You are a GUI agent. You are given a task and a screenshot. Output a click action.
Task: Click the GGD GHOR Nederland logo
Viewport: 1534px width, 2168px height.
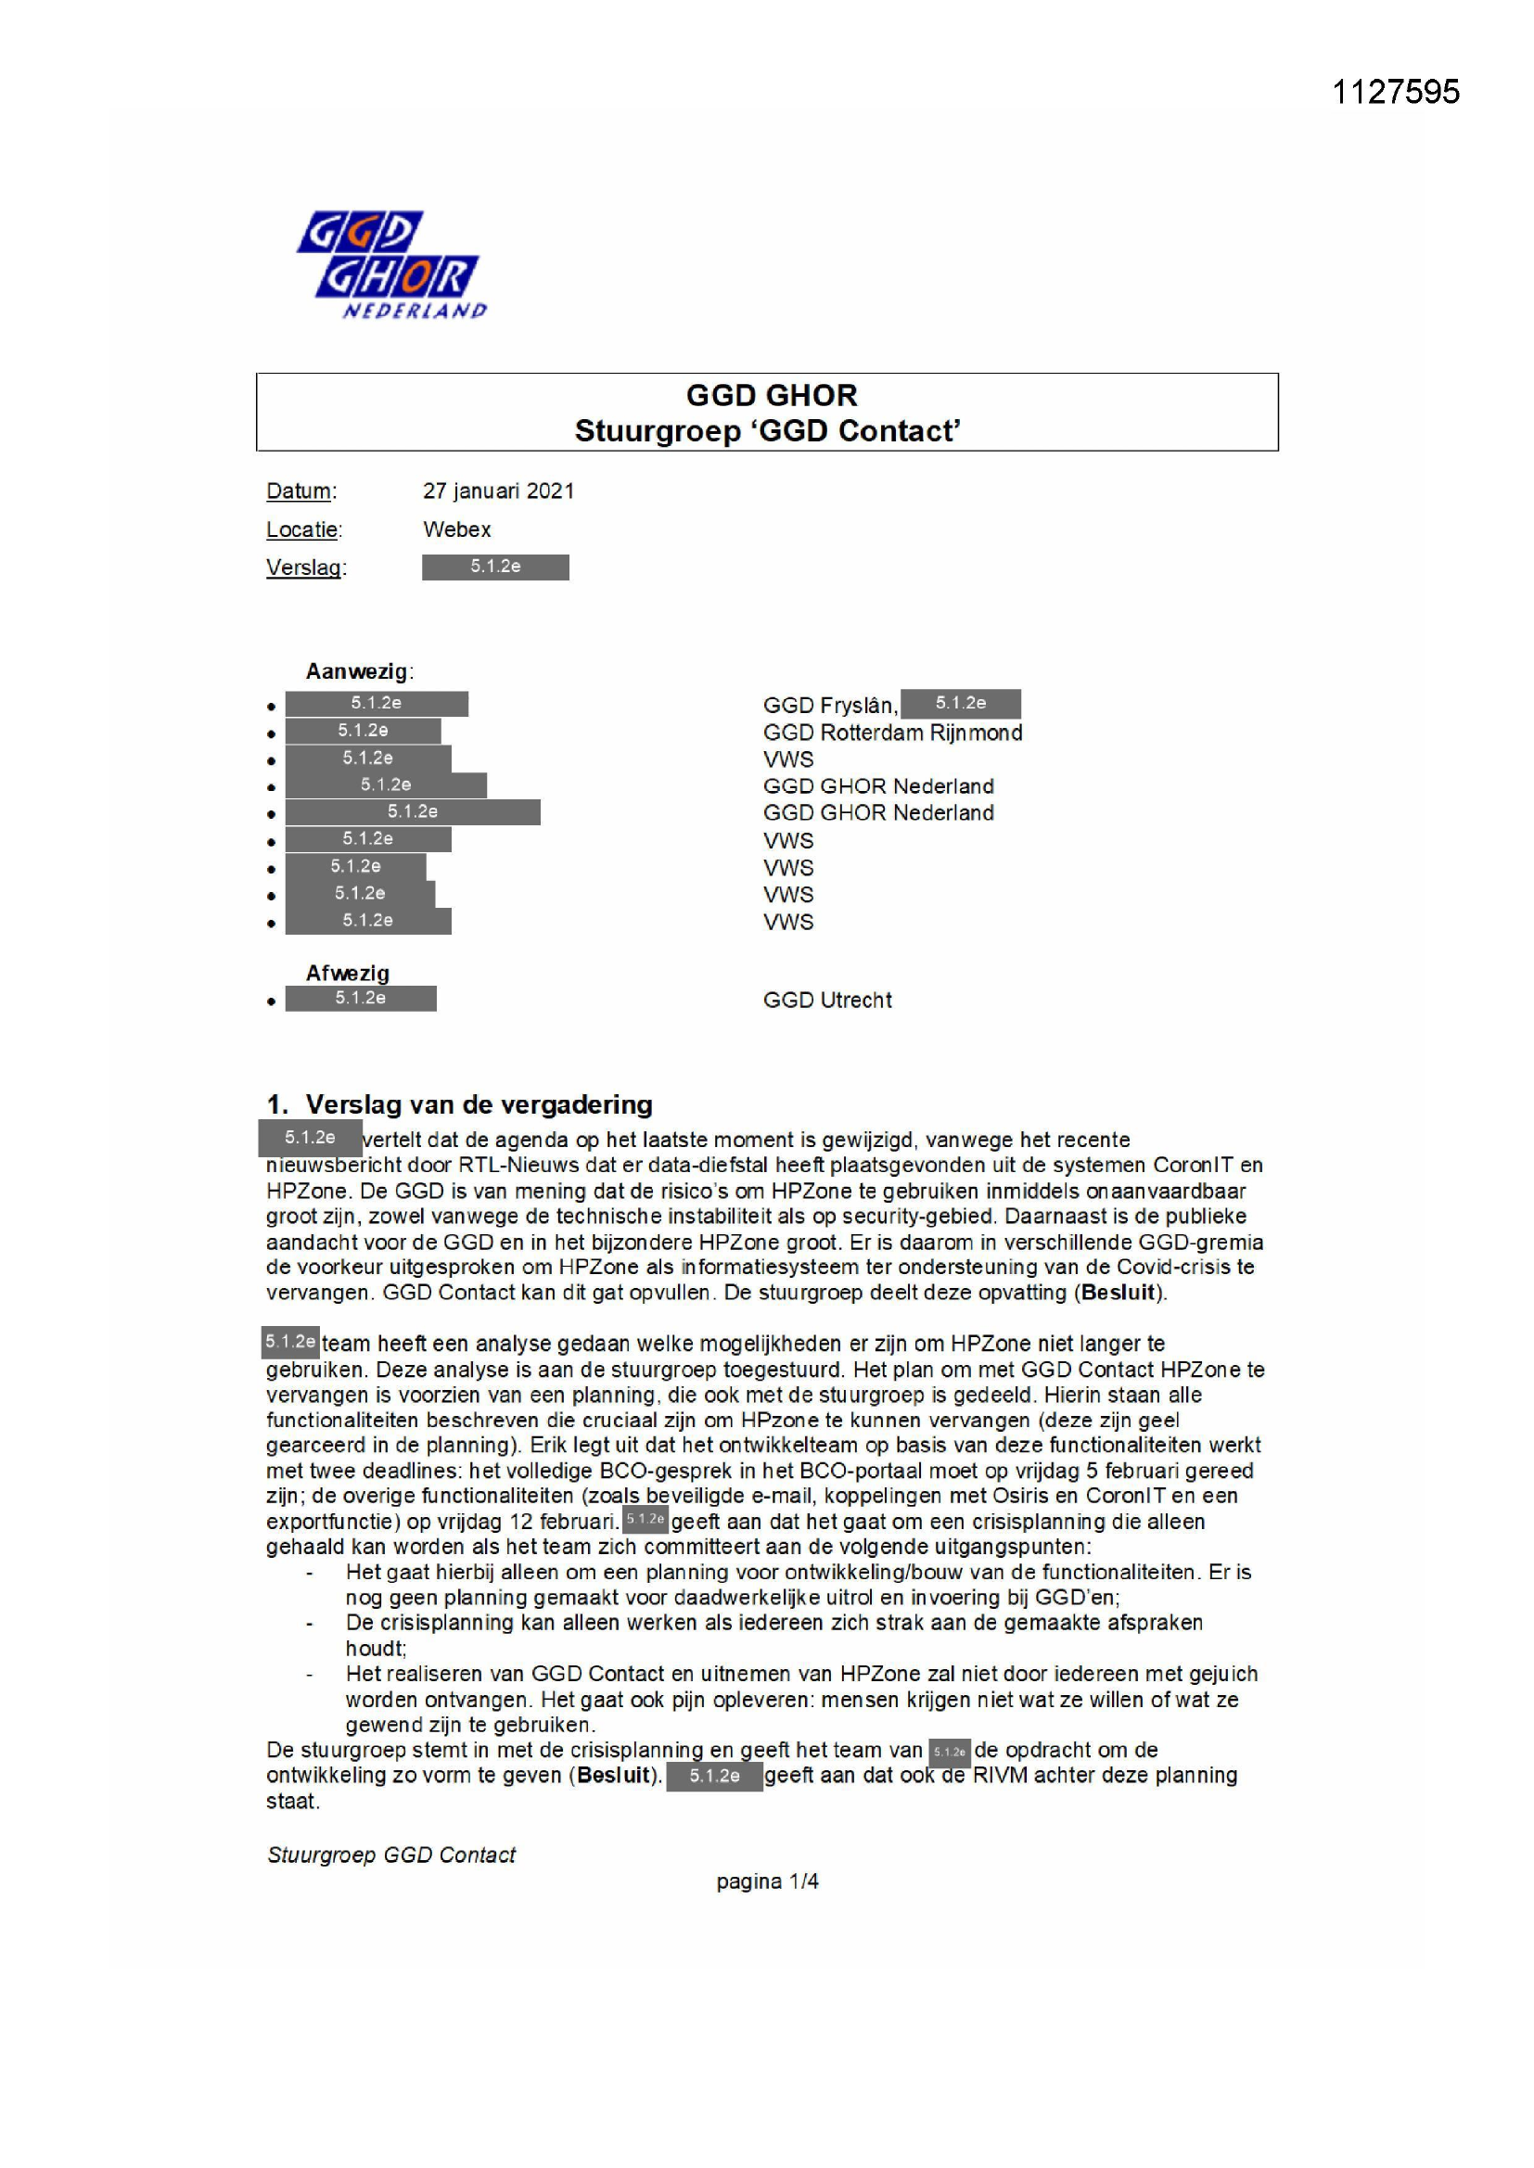[x=391, y=265]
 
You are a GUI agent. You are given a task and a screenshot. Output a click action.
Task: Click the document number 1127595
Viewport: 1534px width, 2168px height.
[x=1394, y=92]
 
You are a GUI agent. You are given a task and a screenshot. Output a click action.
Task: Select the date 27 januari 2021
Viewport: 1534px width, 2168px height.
[x=498, y=491]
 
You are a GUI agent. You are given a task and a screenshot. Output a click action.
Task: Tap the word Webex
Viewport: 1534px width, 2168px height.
[x=457, y=529]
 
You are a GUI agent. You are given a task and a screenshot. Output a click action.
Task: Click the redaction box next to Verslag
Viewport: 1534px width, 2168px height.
[x=495, y=567]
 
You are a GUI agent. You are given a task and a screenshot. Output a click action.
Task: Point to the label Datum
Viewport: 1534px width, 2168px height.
[x=300, y=491]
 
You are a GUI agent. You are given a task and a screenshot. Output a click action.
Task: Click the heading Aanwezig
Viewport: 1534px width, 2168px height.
[x=357, y=671]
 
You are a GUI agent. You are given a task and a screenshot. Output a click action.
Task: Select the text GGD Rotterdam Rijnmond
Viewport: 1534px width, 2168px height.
[x=891, y=733]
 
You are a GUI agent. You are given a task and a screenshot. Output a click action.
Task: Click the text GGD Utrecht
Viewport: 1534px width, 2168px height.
[x=826, y=1000]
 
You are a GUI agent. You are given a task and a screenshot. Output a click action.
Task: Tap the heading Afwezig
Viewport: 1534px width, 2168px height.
[x=347, y=973]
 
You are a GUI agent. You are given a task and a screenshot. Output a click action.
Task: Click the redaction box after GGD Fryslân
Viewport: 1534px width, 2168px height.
[x=960, y=704]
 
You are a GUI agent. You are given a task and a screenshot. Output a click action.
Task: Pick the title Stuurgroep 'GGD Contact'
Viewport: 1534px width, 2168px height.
[x=767, y=430]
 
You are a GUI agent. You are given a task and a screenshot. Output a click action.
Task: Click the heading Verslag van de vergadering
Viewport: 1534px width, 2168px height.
[x=478, y=1104]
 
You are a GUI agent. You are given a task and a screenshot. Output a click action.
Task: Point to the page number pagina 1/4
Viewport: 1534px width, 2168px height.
[x=767, y=1881]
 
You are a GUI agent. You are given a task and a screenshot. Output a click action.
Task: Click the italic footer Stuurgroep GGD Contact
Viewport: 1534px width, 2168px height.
[x=391, y=1855]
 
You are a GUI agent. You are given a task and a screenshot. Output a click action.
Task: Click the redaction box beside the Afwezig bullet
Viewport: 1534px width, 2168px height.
[x=361, y=998]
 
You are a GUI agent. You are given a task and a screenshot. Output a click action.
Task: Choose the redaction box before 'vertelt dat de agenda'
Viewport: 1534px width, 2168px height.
[x=310, y=1138]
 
